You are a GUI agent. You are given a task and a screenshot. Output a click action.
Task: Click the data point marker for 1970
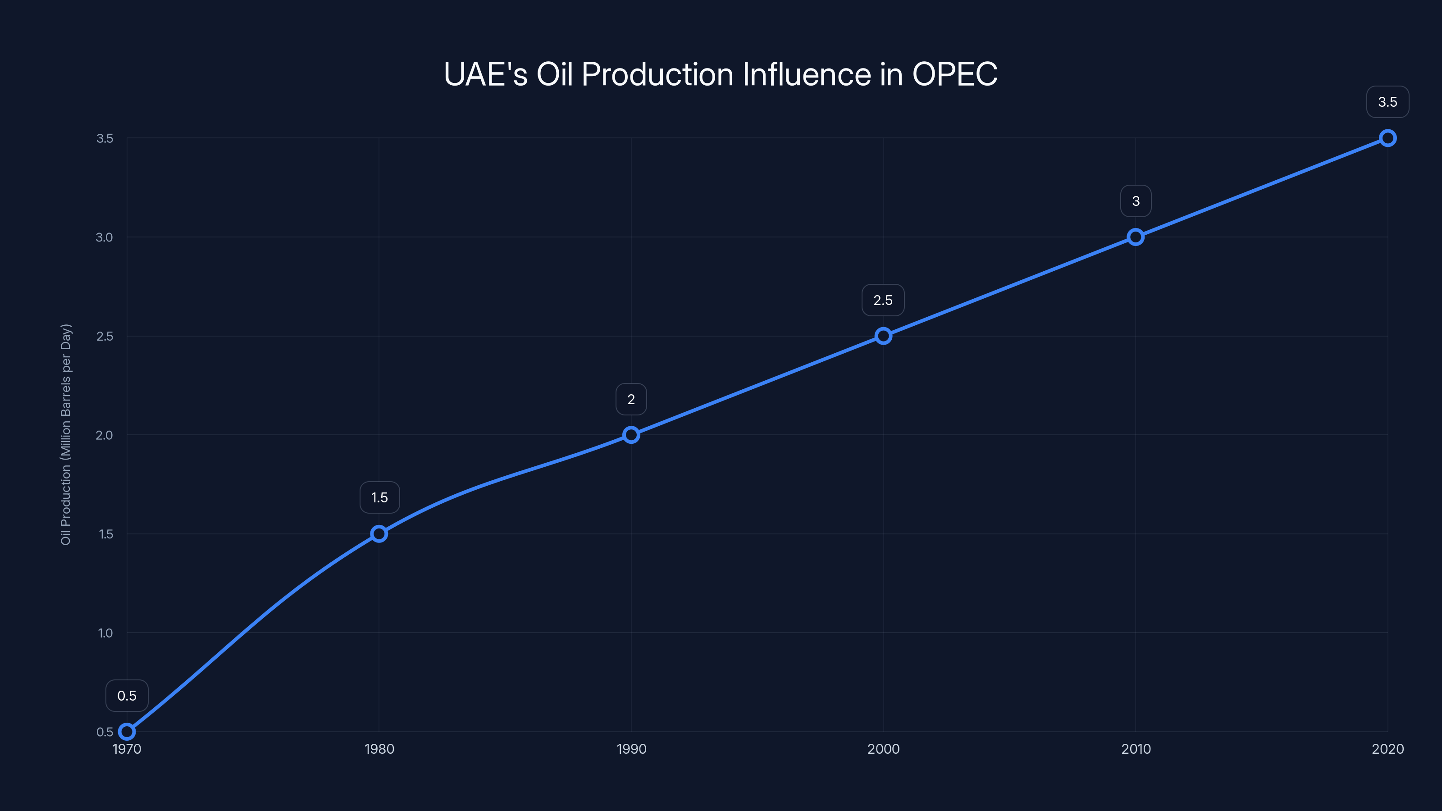[x=127, y=732]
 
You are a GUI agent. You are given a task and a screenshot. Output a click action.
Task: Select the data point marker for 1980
[x=379, y=533]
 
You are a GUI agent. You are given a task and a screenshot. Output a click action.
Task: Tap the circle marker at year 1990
[x=631, y=435]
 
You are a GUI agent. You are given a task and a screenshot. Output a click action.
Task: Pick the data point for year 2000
[x=883, y=336]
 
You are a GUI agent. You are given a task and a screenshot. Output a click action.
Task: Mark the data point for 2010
[x=1135, y=237]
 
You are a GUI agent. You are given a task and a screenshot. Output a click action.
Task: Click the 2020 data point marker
[x=1387, y=138]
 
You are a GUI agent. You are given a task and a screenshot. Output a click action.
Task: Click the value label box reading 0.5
[x=127, y=696]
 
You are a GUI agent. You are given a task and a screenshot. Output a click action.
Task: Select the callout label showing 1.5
[x=379, y=497]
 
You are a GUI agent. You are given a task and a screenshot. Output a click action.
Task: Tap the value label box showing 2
[x=631, y=399]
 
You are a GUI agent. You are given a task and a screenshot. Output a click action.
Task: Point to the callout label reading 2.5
[x=883, y=300]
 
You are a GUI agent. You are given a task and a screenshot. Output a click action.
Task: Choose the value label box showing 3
[x=1136, y=201]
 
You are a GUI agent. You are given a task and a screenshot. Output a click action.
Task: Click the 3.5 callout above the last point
[x=1387, y=102]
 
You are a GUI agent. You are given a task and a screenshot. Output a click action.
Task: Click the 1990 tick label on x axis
[x=631, y=749]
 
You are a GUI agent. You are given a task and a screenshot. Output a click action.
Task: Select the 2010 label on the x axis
[x=1136, y=749]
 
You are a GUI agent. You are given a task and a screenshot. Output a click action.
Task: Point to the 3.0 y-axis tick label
[x=104, y=237]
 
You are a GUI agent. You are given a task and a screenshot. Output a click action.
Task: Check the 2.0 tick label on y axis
[x=104, y=435]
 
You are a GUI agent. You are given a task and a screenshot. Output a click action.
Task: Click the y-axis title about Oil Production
[x=66, y=434]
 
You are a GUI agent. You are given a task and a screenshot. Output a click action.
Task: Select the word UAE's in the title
[x=485, y=74]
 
